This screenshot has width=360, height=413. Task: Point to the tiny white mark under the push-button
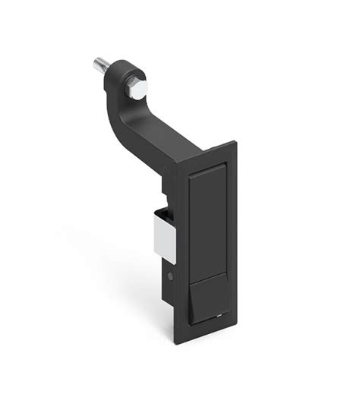click(x=219, y=314)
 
